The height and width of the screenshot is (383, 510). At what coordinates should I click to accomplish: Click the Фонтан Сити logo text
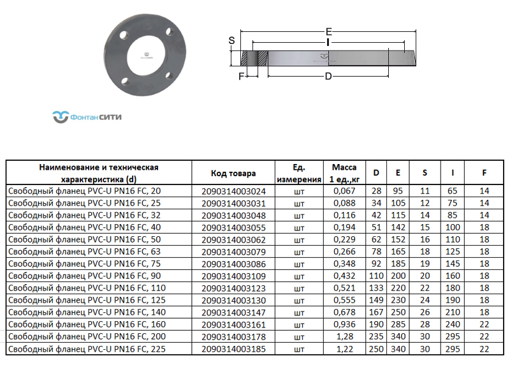pos(95,117)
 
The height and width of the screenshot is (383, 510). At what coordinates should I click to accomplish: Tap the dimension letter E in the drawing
pos(328,32)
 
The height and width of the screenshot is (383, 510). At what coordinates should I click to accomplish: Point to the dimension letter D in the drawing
pos(328,77)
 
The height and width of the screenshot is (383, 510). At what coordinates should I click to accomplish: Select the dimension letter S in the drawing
pos(232,40)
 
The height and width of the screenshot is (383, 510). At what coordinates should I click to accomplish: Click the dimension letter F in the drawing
pos(241,77)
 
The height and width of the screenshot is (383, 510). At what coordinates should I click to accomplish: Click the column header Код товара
pos(233,173)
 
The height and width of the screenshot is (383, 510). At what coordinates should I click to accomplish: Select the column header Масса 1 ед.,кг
pos(344,173)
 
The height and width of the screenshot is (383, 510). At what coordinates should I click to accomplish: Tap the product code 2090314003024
pos(233,191)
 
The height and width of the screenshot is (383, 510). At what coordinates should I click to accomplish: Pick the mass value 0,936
pos(344,324)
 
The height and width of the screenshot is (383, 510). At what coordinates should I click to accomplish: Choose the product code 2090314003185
pos(233,349)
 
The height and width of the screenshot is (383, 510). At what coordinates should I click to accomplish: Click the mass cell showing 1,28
pos(344,336)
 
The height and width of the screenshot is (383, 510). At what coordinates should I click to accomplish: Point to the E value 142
pos(398,227)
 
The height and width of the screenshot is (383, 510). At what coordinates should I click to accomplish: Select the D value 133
pos(375,288)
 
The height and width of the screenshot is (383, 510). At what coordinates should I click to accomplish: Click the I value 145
pos(452,264)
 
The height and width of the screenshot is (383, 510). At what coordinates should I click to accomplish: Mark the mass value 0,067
pos(344,191)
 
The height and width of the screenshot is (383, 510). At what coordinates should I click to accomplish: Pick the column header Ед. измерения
pos(298,173)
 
